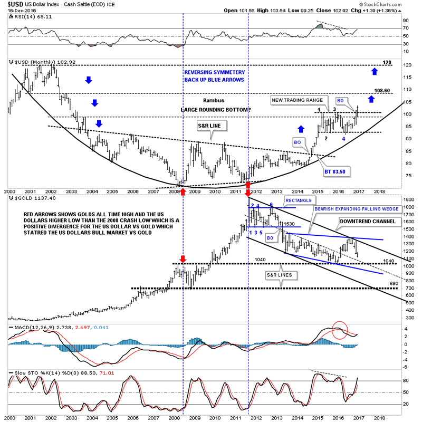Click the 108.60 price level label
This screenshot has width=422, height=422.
point(382,91)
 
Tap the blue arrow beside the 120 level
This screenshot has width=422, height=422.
point(375,70)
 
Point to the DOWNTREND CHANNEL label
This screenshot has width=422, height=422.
point(367,221)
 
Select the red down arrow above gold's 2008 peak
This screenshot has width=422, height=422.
point(183,259)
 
